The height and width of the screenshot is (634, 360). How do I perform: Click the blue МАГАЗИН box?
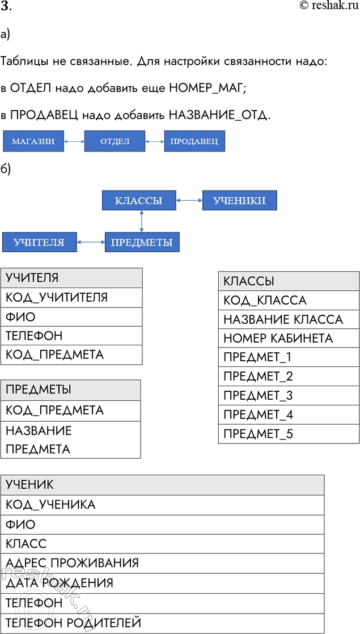(x=33, y=141)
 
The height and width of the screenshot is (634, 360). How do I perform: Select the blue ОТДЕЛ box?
(x=115, y=141)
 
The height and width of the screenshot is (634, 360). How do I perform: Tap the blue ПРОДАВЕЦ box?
(x=194, y=141)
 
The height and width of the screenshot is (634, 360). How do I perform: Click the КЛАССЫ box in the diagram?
(x=139, y=201)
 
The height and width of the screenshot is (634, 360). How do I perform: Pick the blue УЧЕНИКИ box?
(x=239, y=201)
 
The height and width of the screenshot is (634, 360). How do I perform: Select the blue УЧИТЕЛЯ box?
(x=39, y=242)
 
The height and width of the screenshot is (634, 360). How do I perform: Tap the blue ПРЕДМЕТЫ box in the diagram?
(x=142, y=242)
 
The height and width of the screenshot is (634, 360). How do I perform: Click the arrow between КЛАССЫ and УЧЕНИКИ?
(x=189, y=201)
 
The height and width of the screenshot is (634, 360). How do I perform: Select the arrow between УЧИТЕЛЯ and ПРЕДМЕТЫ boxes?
(x=91, y=242)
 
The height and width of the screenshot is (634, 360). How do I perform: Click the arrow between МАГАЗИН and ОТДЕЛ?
(x=74, y=141)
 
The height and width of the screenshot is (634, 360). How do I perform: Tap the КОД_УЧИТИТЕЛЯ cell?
(x=71, y=297)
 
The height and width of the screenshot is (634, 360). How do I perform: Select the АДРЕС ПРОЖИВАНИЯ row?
(x=163, y=563)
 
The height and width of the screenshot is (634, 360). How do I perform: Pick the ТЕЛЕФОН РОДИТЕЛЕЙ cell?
(x=163, y=623)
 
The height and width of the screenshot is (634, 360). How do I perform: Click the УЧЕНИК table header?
(x=163, y=484)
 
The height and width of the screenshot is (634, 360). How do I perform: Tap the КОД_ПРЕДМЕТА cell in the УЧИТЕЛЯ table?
(x=71, y=354)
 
